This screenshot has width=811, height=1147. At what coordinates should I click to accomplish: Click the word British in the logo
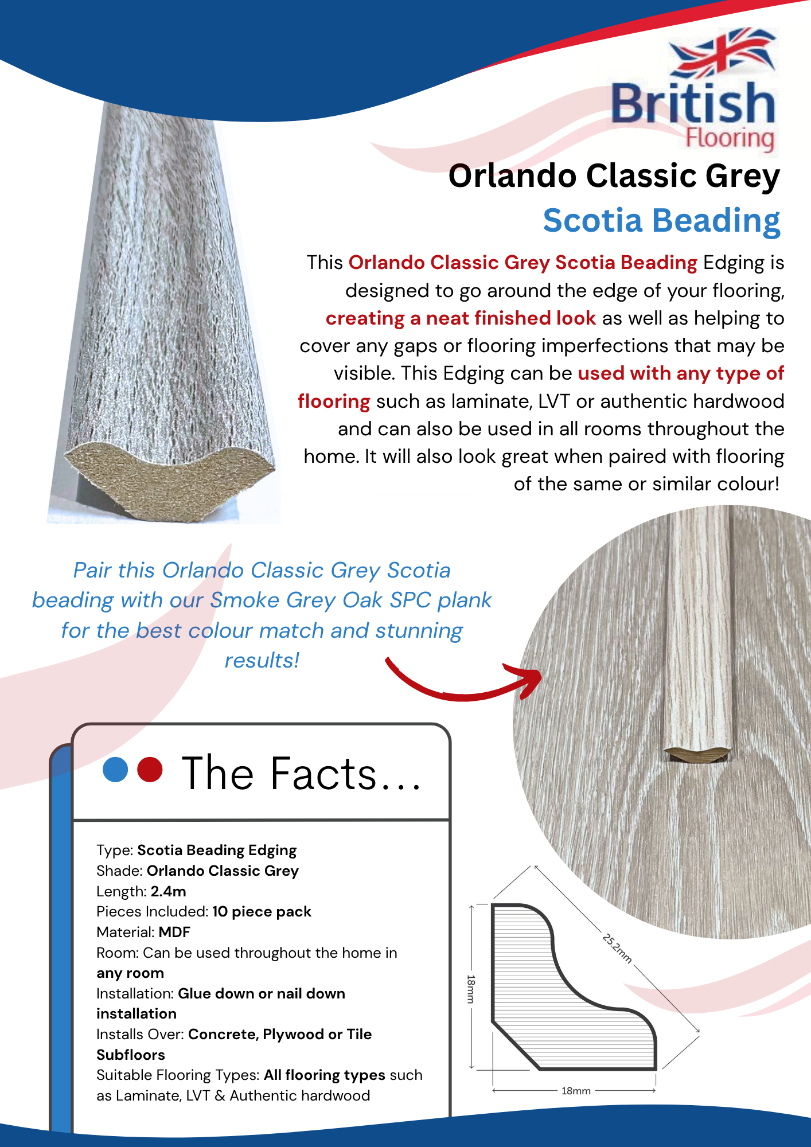click(x=693, y=103)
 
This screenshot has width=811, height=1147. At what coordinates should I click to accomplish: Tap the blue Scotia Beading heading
click(x=661, y=221)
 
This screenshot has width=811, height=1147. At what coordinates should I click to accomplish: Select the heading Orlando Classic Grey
click(x=614, y=175)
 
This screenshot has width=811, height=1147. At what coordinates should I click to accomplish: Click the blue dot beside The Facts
click(x=115, y=770)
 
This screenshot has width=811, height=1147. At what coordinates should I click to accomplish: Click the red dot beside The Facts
click(x=150, y=770)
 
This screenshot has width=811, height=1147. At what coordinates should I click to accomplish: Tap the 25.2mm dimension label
click(x=617, y=949)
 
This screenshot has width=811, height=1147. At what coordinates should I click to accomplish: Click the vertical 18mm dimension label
click(x=471, y=989)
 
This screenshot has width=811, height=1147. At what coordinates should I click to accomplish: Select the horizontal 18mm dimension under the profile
click(x=575, y=1091)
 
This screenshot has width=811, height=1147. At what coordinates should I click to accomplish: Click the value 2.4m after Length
click(x=169, y=891)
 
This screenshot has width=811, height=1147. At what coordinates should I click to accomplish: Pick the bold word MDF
click(x=174, y=932)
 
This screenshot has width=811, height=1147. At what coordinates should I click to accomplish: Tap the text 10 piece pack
click(x=262, y=912)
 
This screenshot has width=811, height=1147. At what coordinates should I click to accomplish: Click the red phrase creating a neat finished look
click(x=461, y=318)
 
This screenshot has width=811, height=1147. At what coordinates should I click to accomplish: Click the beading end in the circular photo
click(x=697, y=754)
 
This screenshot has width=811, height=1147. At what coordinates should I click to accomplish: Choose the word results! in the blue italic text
click(x=262, y=661)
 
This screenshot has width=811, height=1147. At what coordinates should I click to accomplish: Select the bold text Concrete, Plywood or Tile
click(x=280, y=1034)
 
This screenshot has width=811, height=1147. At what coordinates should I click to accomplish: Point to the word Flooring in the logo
click(x=730, y=139)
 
